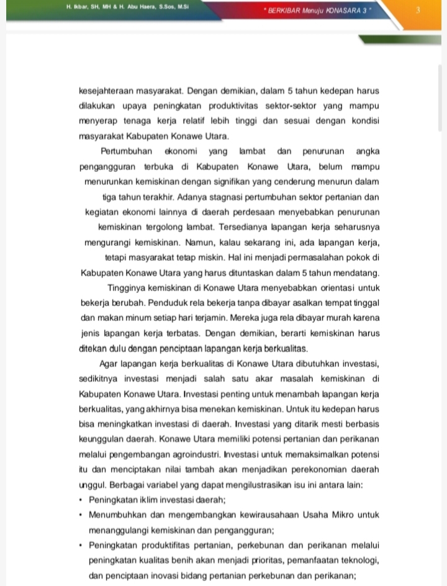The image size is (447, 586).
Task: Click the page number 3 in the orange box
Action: [418, 10]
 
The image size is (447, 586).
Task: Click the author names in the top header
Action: [127, 7]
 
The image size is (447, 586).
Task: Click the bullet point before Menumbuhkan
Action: [81, 515]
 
